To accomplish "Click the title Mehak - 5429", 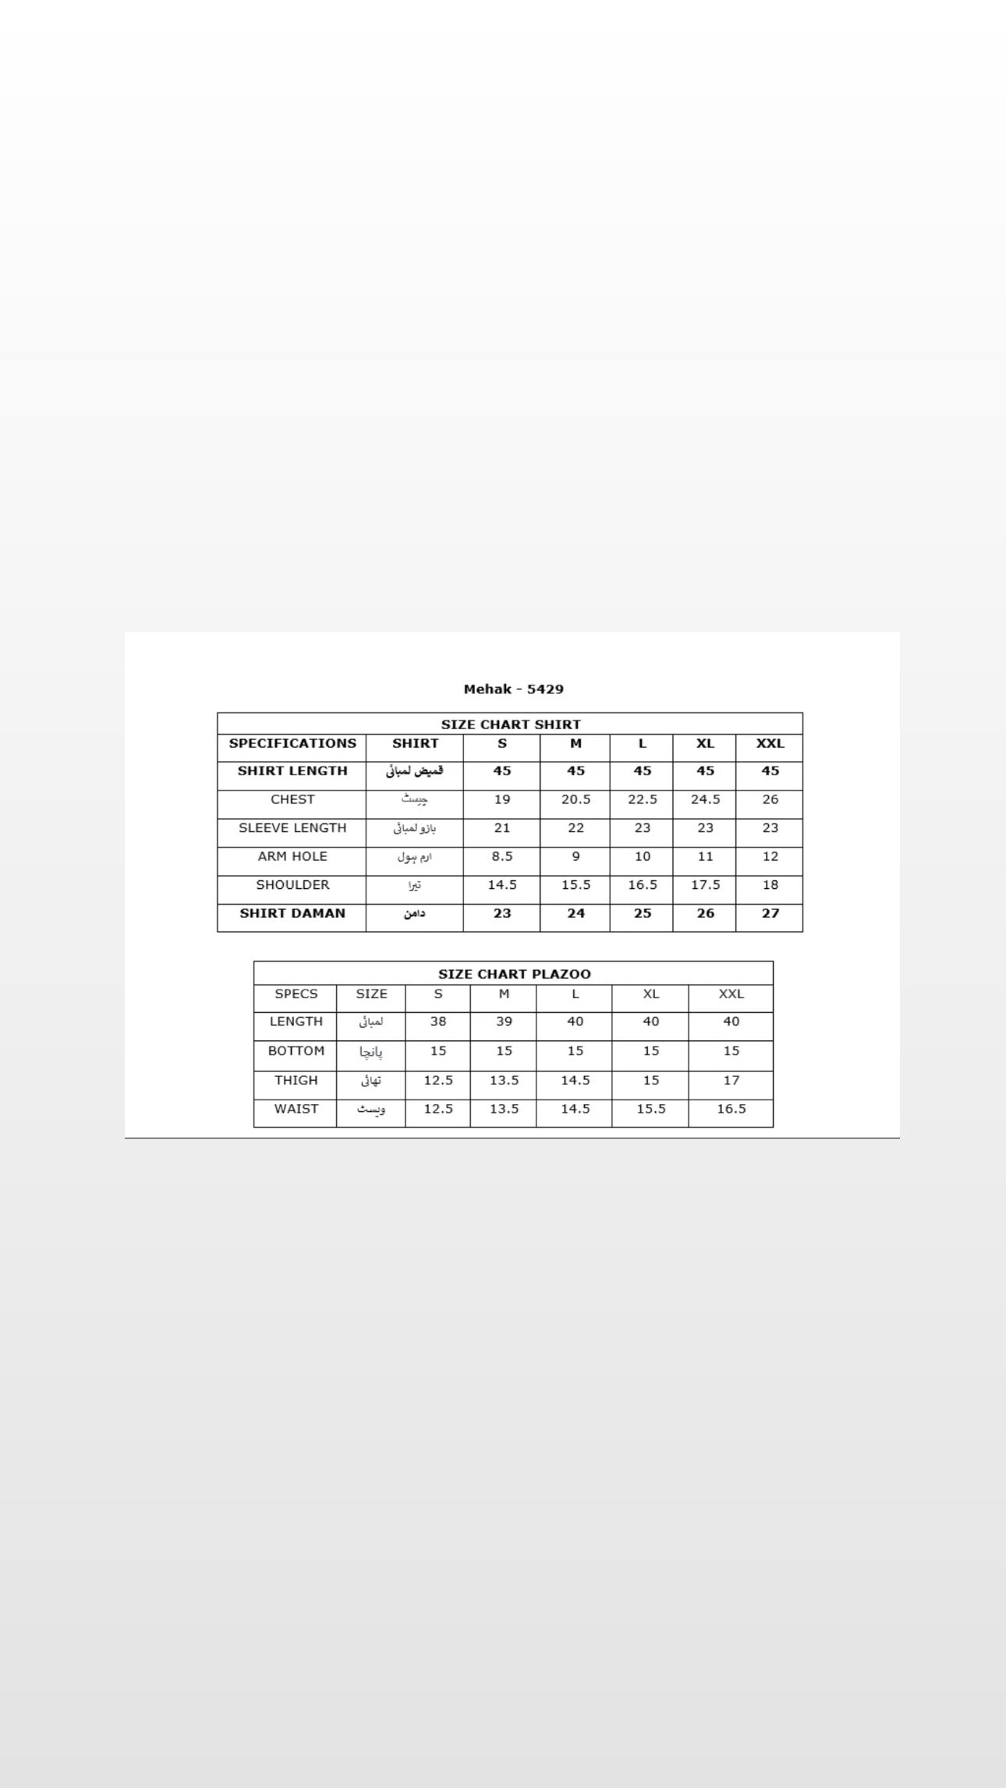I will [513, 689].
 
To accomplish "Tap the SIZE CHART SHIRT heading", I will [511, 724].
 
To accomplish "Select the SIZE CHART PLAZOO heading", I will [514, 974].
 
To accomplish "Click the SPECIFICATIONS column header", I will [292, 744].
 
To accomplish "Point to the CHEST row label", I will [292, 800].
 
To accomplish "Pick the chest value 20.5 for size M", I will [576, 800].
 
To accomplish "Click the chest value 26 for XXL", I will [770, 800].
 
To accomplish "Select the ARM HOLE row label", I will [292, 857].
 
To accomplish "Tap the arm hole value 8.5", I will [501, 857].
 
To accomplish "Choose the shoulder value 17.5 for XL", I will [705, 885].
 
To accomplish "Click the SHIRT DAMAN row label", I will [292, 914].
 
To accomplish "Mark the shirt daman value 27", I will [770, 914].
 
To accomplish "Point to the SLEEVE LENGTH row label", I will [292, 828].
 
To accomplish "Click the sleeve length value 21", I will [501, 828].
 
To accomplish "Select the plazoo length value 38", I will [438, 1021].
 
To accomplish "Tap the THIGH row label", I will [296, 1081].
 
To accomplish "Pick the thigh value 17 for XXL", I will [731, 1081].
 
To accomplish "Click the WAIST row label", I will [296, 1109].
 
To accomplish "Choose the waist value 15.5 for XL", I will [650, 1109].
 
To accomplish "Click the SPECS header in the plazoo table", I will [296, 994].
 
